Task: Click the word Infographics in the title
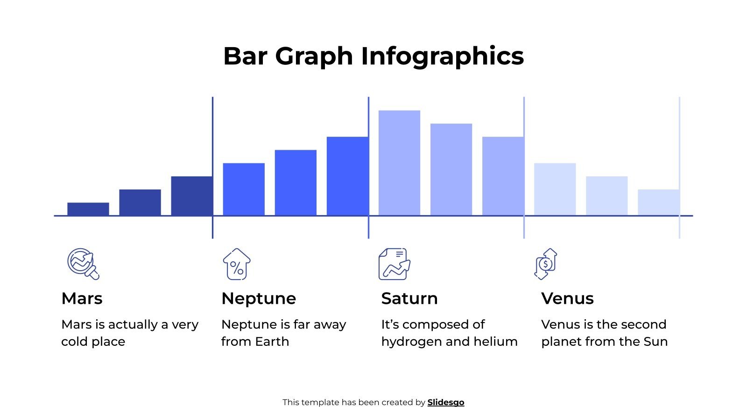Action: point(442,56)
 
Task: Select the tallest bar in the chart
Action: point(399,163)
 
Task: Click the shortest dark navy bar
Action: point(88,209)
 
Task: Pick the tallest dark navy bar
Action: point(192,196)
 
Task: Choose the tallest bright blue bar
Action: point(347,176)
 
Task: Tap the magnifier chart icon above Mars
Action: point(83,264)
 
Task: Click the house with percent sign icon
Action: point(237,264)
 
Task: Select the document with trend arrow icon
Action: point(394,264)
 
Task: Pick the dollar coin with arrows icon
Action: point(546,264)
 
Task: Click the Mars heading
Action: point(82,299)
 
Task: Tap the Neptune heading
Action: point(259,299)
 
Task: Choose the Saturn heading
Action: point(409,299)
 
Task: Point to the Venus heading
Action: point(567,299)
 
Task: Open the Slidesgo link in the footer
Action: point(445,402)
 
